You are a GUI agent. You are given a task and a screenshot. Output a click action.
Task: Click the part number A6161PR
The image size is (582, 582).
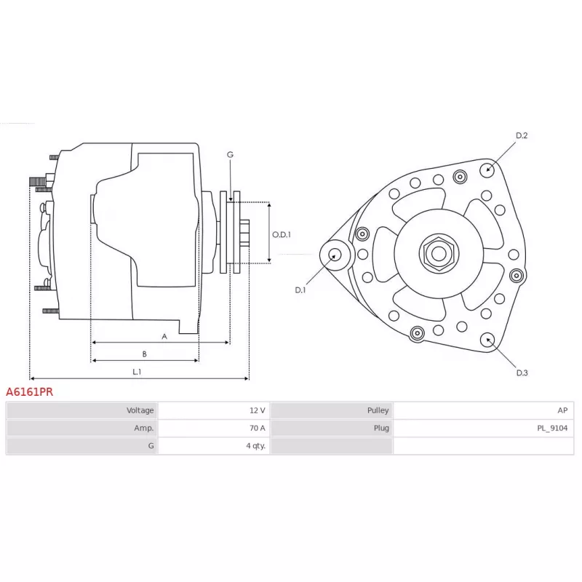click(x=29, y=391)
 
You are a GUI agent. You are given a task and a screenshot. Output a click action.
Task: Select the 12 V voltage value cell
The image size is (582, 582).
click(x=213, y=410)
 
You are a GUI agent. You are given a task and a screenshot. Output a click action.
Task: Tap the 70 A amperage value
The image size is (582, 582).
click(x=258, y=428)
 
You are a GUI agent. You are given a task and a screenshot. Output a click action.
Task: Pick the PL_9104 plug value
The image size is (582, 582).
click(x=552, y=428)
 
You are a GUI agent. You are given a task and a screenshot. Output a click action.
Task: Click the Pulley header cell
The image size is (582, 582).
click(x=332, y=410)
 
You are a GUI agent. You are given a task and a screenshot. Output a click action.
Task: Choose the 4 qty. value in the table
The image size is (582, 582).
click(x=256, y=446)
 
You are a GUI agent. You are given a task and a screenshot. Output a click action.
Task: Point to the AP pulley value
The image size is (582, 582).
click(x=562, y=410)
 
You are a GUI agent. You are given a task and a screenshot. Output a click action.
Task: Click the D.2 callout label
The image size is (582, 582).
click(x=522, y=135)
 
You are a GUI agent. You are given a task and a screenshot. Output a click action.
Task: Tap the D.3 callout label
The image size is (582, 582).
click(x=522, y=372)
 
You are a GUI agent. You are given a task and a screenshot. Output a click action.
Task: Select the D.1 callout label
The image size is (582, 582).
click(x=300, y=290)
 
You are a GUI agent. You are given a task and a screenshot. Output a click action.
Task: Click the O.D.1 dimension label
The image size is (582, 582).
click(x=282, y=234)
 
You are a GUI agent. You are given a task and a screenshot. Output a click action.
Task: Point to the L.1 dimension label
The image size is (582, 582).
click(x=137, y=372)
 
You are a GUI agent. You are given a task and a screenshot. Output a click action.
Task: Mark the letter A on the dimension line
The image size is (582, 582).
click(x=164, y=337)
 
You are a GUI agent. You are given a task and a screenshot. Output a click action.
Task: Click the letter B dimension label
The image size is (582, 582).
click(x=144, y=354)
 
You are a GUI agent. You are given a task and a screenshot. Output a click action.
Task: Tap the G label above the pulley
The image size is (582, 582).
click(x=230, y=154)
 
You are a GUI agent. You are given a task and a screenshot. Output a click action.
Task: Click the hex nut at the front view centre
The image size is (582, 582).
click(x=439, y=254)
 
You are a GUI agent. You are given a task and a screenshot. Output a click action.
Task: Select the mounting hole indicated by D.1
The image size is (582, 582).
click(x=335, y=255)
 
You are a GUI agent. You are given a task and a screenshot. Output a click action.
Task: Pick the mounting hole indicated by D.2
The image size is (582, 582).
click(x=487, y=170)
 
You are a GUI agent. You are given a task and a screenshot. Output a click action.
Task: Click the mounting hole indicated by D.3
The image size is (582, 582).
click(x=487, y=340)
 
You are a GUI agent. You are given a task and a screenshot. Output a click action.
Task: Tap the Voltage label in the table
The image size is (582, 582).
click(x=140, y=410)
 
